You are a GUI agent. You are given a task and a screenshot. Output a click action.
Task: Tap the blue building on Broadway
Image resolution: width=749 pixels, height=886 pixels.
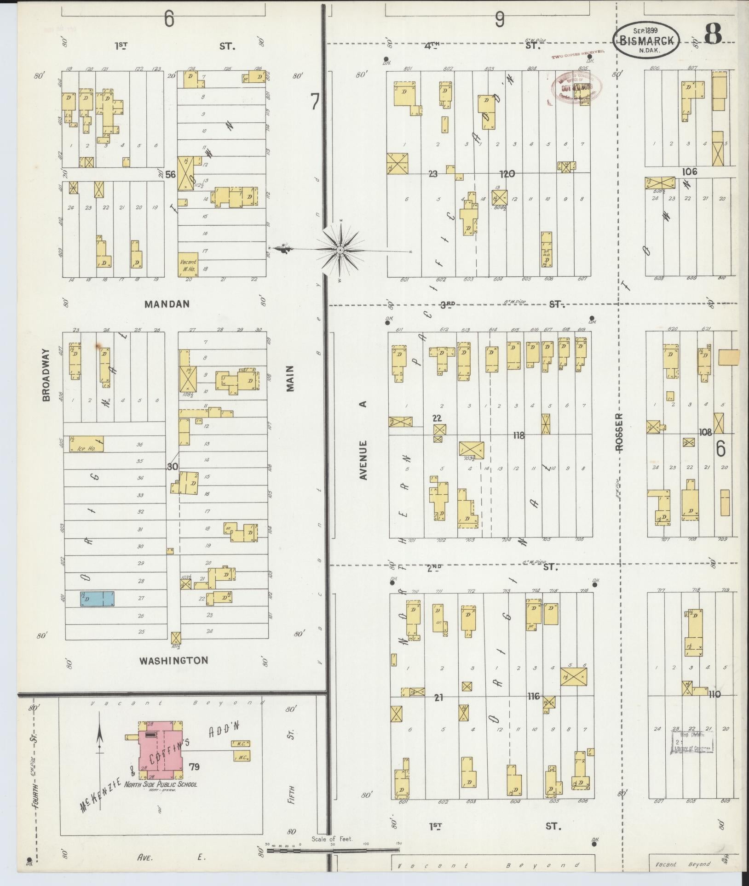coord(97,598)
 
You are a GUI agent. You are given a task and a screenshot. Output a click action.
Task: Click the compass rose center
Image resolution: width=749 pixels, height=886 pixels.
coord(340,250)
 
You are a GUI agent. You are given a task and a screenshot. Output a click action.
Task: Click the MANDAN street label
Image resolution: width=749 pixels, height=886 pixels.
coord(167,304)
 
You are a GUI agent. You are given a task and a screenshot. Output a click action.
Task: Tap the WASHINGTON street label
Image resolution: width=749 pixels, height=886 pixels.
coord(173,660)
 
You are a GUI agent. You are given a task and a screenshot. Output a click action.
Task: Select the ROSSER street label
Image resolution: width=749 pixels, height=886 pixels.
coord(619,433)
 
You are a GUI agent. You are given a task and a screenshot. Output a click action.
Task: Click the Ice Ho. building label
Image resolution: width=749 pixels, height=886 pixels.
coord(86,448)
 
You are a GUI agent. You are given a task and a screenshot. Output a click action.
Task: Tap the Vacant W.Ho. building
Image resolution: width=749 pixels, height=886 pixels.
coord(188,264)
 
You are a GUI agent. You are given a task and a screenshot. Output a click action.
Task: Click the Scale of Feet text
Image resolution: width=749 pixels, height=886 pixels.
coord(331,839)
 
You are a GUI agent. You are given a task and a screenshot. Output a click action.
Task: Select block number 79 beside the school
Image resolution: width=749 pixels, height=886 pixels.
coord(194,766)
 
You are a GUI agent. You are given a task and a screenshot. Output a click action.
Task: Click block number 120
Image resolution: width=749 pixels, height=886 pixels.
coord(507,174)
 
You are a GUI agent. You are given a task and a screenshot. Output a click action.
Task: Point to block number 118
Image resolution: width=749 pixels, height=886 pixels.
coord(519,435)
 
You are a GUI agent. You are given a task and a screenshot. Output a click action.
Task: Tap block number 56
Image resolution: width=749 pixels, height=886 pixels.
coord(171,174)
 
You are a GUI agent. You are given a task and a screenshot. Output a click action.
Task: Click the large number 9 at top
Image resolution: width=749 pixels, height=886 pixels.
coord(500,20)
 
